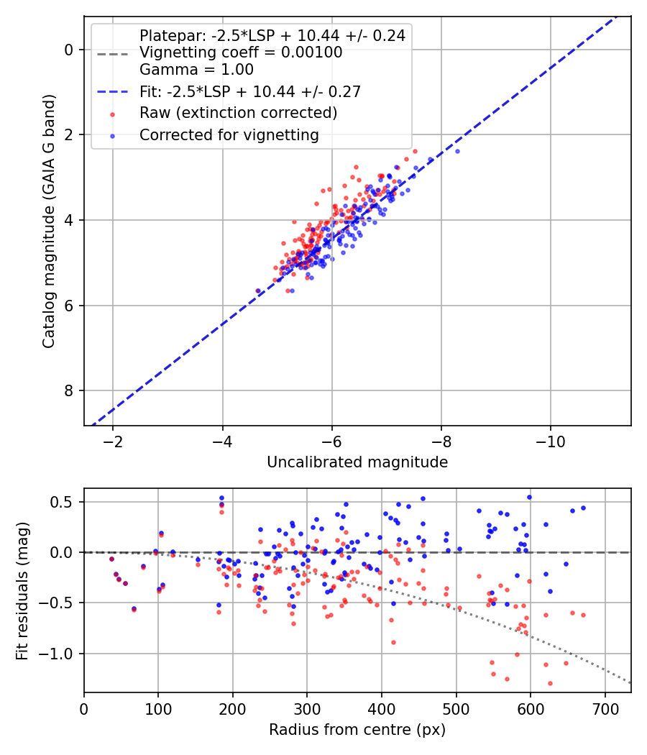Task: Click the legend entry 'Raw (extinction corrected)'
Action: pyautogui.click(x=238, y=113)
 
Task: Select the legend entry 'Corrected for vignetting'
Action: pyautogui.click(x=229, y=134)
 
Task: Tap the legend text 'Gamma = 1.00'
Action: pyautogui.click(x=196, y=70)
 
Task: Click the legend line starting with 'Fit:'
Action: pyautogui.click(x=249, y=91)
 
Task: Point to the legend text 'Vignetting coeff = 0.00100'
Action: pyautogui.click(x=241, y=52)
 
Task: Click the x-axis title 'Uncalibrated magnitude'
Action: pyautogui.click(x=357, y=462)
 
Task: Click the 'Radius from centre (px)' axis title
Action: pyautogui.click(x=357, y=730)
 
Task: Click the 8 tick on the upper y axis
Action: pyautogui.click(x=68, y=390)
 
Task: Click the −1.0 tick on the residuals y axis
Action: pyautogui.click(x=60, y=654)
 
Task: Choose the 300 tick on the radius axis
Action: pyautogui.click(x=307, y=708)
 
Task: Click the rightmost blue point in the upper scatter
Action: pyautogui.click(x=457, y=151)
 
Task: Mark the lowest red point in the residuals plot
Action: pyautogui.click(x=550, y=683)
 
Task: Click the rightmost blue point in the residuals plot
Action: pyautogui.click(x=583, y=508)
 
